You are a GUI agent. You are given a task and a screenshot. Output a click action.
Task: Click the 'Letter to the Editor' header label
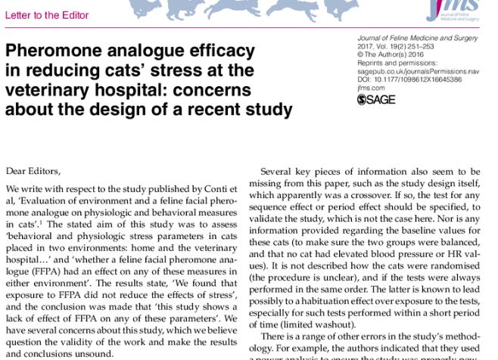[x=47, y=14]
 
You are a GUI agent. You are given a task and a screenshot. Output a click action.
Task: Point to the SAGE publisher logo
[x=375, y=99]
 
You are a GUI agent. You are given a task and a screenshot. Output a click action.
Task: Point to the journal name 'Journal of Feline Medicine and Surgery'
[x=417, y=38]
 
